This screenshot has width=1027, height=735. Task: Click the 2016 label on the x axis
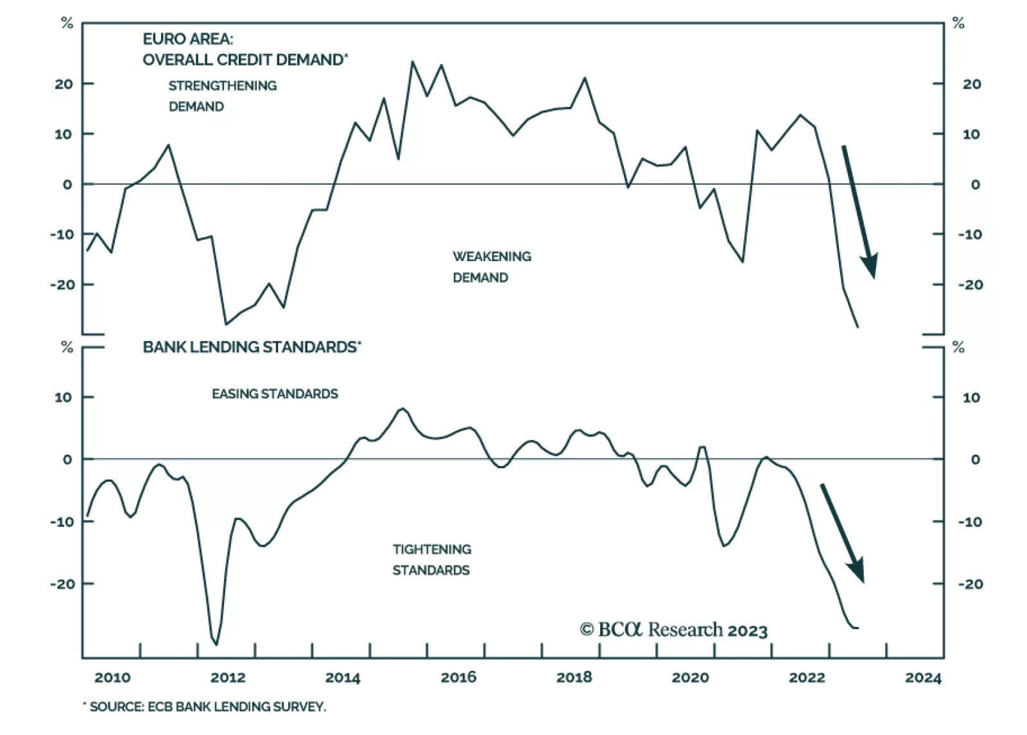tap(458, 677)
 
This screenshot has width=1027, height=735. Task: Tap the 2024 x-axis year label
tap(923, 677)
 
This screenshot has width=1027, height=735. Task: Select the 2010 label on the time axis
tap(112, 677)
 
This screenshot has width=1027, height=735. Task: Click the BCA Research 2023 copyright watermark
tap(673, 630)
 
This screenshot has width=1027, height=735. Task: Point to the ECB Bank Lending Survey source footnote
tap(205, 707)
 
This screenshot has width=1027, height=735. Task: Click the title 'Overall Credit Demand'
tap(245, 60)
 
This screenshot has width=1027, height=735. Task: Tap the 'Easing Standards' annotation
tap(275, 394)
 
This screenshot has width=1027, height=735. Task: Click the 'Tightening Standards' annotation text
tap(431, 559)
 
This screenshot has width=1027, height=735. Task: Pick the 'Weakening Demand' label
tap(492, 267)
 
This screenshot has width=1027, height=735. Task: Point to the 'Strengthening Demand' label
tap(222, 96)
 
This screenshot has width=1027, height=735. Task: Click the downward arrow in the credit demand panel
tap(859, 211)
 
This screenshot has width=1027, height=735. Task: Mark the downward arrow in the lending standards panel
tap(842, 532)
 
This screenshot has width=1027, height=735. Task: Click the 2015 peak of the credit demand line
tap(412, 62)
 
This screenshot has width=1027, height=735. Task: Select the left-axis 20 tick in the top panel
tap(64, 84)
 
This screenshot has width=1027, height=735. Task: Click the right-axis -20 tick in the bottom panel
tap(971, 584)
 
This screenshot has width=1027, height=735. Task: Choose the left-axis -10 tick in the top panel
tap(62, 234)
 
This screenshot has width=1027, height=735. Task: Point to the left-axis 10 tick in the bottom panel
tap(64, 398)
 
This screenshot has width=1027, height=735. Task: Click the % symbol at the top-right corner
tap(958, 24)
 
